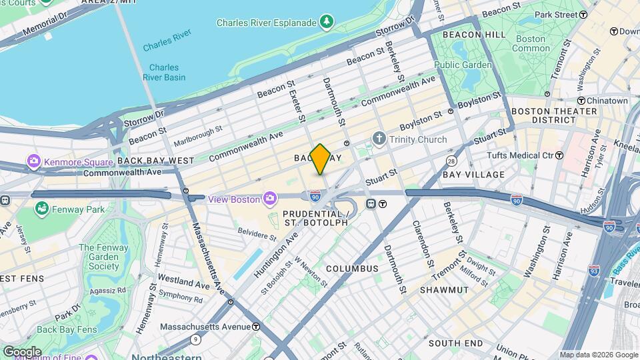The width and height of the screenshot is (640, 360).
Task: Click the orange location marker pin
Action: click(x=320, y=159)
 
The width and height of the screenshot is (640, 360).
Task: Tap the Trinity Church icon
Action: click(x=379, y=139)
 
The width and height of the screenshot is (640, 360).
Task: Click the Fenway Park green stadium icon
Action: click(x=42, y=209)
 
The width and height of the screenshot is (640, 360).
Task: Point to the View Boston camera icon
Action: click(x=269, y=198)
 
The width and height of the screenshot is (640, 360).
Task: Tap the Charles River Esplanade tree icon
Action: click(x=327, y=23)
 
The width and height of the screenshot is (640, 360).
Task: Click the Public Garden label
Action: click(x=463, y=65)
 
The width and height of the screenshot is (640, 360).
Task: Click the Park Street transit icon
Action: click(x=583, y=14)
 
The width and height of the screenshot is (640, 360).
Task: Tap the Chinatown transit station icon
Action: click(x=581, y=101)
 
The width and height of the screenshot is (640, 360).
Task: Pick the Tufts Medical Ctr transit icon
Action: click(x=559, y=155)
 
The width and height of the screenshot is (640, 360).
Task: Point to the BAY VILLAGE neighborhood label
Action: click(x=473, y=175)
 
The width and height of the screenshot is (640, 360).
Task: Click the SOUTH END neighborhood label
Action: click(x=455, y=343)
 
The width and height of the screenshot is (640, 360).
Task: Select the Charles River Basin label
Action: click(x=164, y=72)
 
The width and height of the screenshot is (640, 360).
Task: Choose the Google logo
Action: click(x=22, y=351)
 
